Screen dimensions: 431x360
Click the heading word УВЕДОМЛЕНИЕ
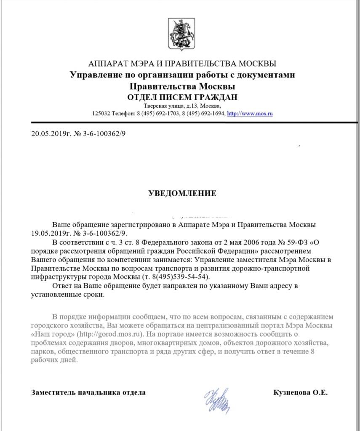(182, 194)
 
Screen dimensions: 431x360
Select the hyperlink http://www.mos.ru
(250, 114)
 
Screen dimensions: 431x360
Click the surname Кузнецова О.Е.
(300, 392)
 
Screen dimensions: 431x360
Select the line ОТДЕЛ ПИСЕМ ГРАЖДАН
(182, 97)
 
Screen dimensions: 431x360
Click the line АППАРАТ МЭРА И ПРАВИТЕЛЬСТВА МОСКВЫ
(182, 64)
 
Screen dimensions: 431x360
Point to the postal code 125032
(101, 114)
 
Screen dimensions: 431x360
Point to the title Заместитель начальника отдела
(88, 392)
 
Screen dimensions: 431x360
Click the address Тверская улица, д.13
(168, 106)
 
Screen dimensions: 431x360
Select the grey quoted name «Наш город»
(53, 334)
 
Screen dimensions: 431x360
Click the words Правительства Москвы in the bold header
(182, 86)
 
